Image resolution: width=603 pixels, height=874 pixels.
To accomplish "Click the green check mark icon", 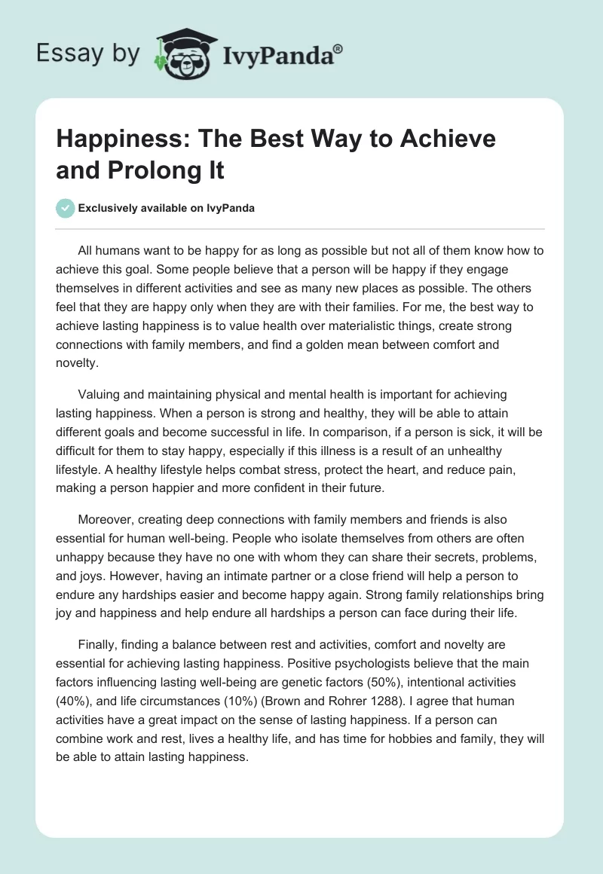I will tap(66, 208).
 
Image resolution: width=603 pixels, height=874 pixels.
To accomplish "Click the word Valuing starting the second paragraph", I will tap(103, 395).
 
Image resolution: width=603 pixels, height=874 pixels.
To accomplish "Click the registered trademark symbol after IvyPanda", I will tap(338, 48).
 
